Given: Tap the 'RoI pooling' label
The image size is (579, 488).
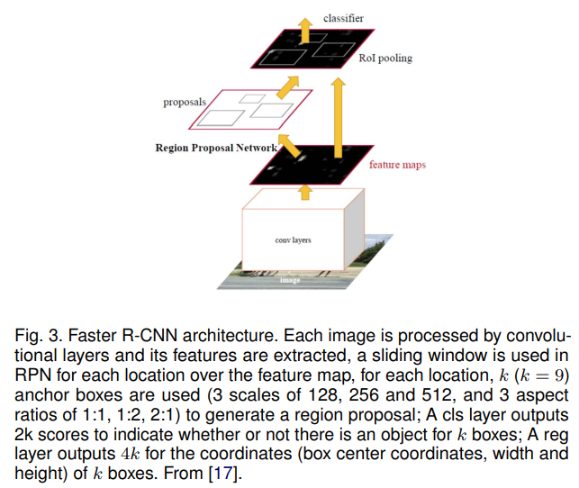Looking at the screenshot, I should (x=385, y=59).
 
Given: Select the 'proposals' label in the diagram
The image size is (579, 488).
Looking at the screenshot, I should (x=185, y=102).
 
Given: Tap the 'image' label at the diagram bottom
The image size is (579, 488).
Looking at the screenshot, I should (x=290, y=280).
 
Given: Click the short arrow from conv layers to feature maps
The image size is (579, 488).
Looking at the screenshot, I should (x=303, y=190).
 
